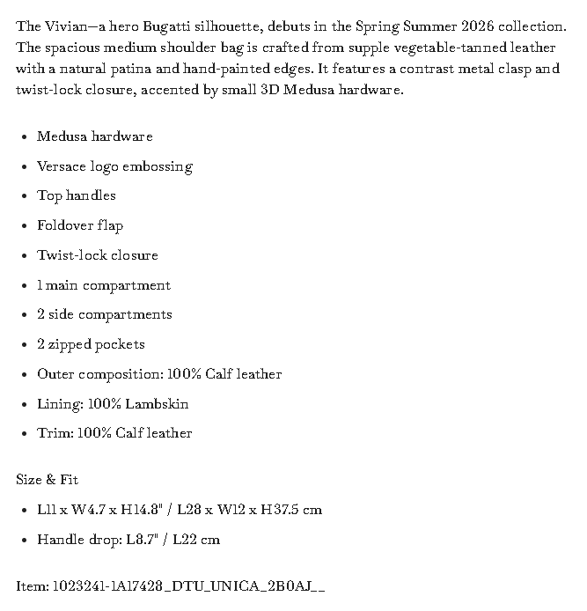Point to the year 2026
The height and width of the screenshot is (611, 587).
[480, 26]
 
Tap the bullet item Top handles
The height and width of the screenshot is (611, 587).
[77, 195]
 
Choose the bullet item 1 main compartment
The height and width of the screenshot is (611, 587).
[104, 285]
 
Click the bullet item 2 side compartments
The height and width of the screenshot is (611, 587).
[105, 314]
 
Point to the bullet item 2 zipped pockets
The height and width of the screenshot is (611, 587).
[91, 344]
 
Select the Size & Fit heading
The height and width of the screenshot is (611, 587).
[48, 480]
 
